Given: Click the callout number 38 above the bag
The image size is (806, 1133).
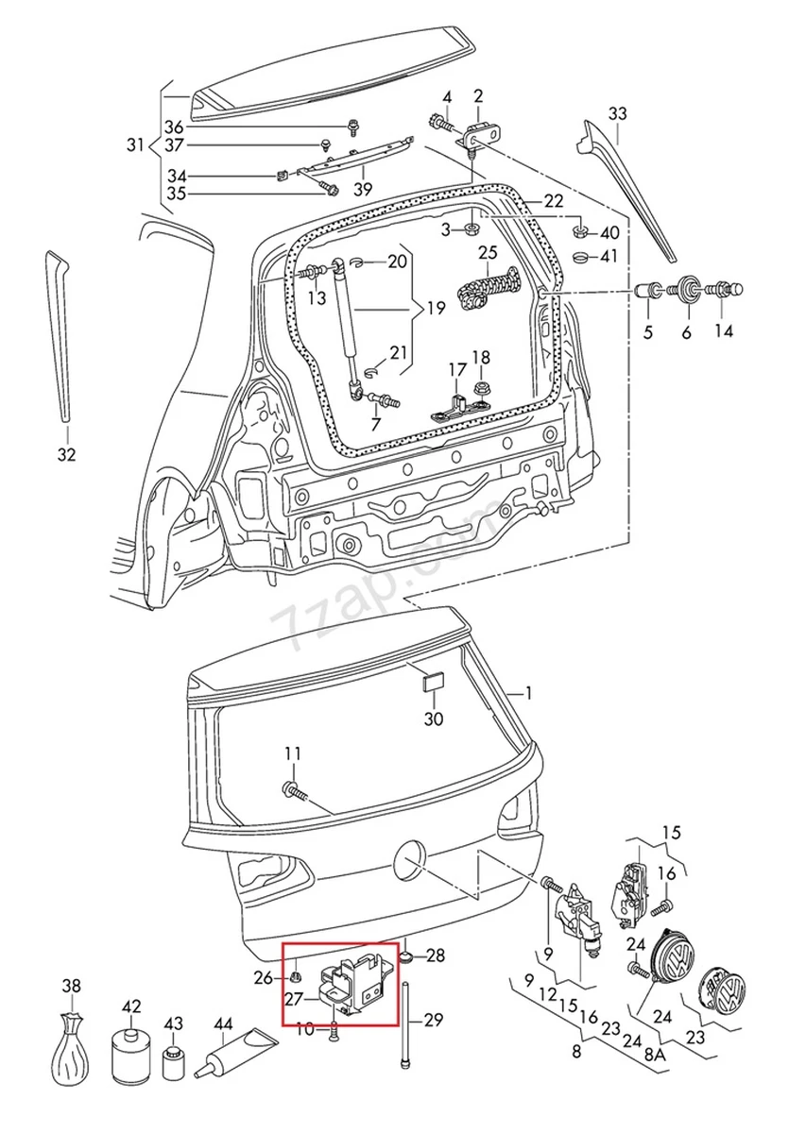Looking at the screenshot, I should point(72,987).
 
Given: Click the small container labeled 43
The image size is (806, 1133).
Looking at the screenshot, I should point(173,1062).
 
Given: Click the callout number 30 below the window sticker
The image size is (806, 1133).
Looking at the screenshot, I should point(433,719).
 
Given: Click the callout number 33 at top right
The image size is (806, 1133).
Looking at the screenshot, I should point(616,113).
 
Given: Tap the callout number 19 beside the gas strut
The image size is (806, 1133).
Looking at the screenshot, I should point(435,308).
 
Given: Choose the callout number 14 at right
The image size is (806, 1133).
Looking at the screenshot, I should point(723,331).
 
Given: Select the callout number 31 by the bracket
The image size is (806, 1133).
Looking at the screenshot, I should point(136,145).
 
